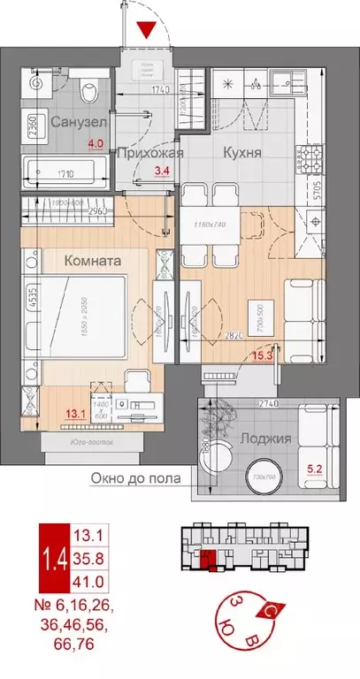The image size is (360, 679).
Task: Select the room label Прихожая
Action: pos(151,152)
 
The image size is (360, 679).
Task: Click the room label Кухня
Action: pos(241,152)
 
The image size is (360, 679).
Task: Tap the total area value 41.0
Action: pos(92,583)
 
